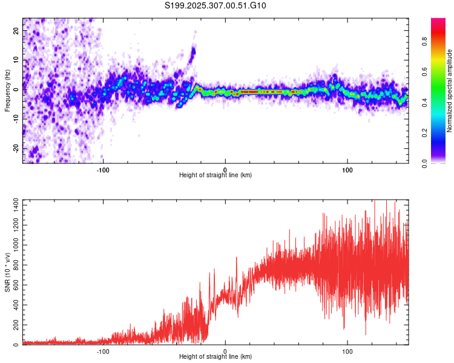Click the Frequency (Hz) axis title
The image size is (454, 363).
(x=7, y=91)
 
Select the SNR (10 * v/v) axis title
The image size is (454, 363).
(x=7, y=272)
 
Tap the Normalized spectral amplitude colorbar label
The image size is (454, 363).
(x=450, y=91)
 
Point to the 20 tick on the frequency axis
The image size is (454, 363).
(x=16, y=32)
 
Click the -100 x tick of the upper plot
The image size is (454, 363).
(x=103, y=169)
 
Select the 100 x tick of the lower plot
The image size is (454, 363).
(x=347, y=351)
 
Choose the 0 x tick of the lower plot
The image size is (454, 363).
(x=225, y=351)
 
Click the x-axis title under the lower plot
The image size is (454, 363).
(x=215, y=358)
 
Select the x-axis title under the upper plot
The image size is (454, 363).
(x=215, y=175)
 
